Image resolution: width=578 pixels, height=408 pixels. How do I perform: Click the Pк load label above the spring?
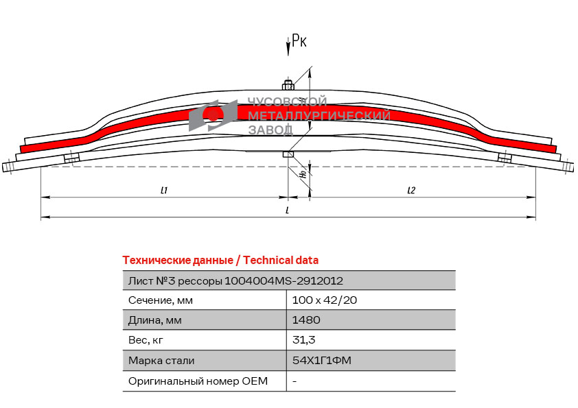[299, 40]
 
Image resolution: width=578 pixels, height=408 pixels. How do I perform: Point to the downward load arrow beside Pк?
[288, 47]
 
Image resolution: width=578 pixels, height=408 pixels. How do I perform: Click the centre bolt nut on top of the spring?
[288, 85]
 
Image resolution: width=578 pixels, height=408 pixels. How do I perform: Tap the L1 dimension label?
[164, 190]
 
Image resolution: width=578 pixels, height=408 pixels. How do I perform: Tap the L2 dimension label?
[411, 190]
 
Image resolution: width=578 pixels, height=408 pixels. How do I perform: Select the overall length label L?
[288, 211]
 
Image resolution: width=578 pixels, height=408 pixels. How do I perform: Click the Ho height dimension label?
[303, 173]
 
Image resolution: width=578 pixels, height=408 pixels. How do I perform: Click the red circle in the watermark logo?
[213, 115]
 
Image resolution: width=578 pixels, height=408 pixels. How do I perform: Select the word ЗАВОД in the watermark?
[270, 130]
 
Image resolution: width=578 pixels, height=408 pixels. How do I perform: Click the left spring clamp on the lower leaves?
[71, 158]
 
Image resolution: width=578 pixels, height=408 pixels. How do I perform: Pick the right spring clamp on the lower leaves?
[505, 158]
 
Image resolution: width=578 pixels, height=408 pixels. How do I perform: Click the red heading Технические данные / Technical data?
[220, 261]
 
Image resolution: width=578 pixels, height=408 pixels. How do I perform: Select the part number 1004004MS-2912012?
[284, 281]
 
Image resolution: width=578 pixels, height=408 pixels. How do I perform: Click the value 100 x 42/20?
[325, 300]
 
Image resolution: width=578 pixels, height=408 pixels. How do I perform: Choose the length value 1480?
[306, 320]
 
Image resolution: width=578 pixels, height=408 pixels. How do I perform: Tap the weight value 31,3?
[303, 339]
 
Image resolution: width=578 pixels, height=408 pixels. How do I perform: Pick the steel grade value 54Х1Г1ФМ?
[322, 360]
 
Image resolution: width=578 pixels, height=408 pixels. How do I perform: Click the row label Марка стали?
[161, 360]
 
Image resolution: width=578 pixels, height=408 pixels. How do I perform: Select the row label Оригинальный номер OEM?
[198, 381]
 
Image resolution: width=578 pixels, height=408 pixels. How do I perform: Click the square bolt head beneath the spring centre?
[288, 154]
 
